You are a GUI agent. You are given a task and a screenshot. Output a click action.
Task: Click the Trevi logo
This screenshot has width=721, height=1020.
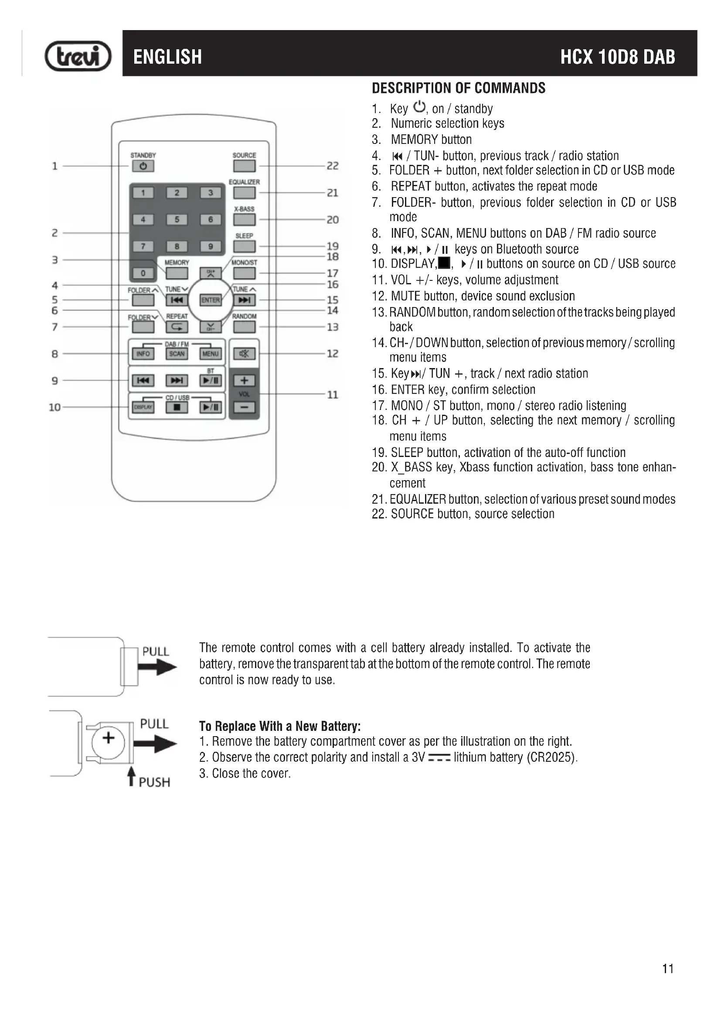pyautogui.click(x=78, y=56)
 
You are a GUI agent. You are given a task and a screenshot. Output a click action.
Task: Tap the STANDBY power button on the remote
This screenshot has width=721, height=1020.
pyautogui.click(x=143, y=166)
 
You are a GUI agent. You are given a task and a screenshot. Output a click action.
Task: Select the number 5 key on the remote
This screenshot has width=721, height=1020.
pyautogui.click(x=177, y=219)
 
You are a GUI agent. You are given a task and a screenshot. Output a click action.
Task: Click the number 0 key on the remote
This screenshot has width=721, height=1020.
pyautogui.click(x=143, y=273)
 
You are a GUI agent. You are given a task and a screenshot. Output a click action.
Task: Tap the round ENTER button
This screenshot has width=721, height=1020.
pyautogui.click(x=211, y=300)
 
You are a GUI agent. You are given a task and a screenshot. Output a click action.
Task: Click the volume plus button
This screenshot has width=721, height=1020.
pyautogui.click(x=244, y=380)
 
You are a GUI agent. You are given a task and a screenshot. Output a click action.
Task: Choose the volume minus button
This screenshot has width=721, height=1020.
pyautogui.click(x=244, y=407)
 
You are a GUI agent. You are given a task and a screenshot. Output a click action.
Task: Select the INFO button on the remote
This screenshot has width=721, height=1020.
pyautogui.click(x=143, y=354)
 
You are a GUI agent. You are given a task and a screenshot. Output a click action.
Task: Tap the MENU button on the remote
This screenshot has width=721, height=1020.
pyautogui.click(x=211, y=354)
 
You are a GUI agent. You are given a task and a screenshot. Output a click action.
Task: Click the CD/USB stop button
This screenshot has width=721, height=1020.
pyautogui.click(x=177, y=407)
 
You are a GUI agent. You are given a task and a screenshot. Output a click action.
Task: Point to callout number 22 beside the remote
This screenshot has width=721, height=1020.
pyautogui.click(x=333, y=166)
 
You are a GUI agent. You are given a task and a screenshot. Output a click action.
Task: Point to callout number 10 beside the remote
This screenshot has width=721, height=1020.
pyautogui.click(x=54, y=407)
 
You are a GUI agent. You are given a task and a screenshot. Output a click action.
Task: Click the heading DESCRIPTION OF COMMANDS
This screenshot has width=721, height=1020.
pyautogui.click(x=459, y=88)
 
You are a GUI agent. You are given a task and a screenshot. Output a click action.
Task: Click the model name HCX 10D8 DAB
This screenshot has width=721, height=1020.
pyautogui.click(x=618, y=57)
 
